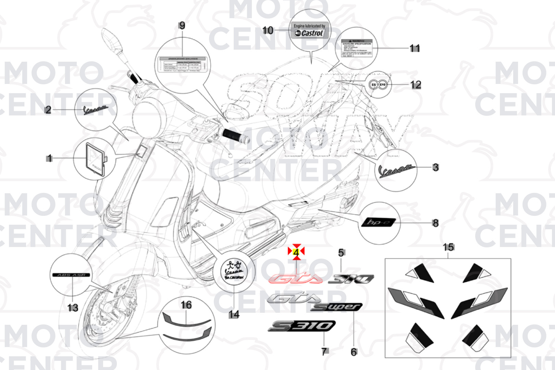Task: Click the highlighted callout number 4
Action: click(296, 252)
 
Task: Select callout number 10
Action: click(268, 30)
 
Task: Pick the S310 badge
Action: click(301, 325)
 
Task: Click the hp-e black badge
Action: click(378, 223)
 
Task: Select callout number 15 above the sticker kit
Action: click(448, 247)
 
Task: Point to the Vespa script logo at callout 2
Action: click(96, 110)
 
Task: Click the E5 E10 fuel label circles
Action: click(378, 84)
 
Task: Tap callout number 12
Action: click(416, 85)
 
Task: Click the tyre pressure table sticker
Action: click(182, 64)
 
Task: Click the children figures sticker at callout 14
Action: click(234, 270)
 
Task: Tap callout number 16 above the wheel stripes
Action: click(186, 305)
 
